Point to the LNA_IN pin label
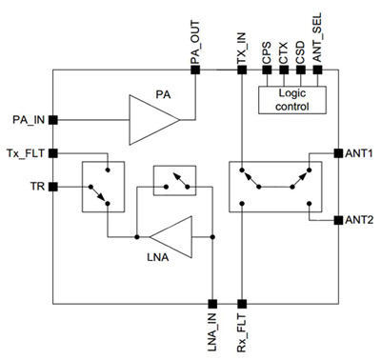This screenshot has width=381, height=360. [210, 329]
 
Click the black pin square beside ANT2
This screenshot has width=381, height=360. [337, 219]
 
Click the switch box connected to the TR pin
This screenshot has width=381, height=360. [104, 186]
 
